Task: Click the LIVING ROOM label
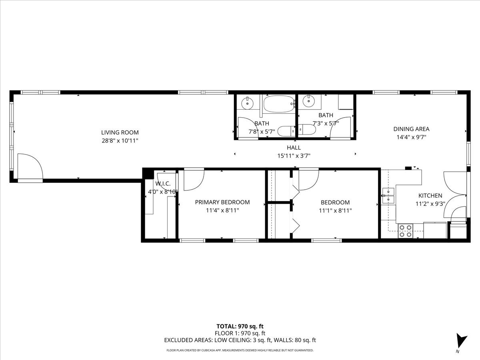(120, 132)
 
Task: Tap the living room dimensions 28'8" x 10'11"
(120, 140)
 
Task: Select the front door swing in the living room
(29, 167)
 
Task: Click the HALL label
(294, 148)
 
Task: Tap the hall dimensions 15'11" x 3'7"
(294, 156)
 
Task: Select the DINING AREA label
(411, 129)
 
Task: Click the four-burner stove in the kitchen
(405, 231)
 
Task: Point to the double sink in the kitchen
(388, 196)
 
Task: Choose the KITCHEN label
(430, 196)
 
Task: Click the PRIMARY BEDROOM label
(222, 202)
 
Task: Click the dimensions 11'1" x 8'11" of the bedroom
(335, 210)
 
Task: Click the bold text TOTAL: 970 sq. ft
(240, 326)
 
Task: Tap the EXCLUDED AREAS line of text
(240, 340)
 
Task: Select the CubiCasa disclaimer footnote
(240, 350)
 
